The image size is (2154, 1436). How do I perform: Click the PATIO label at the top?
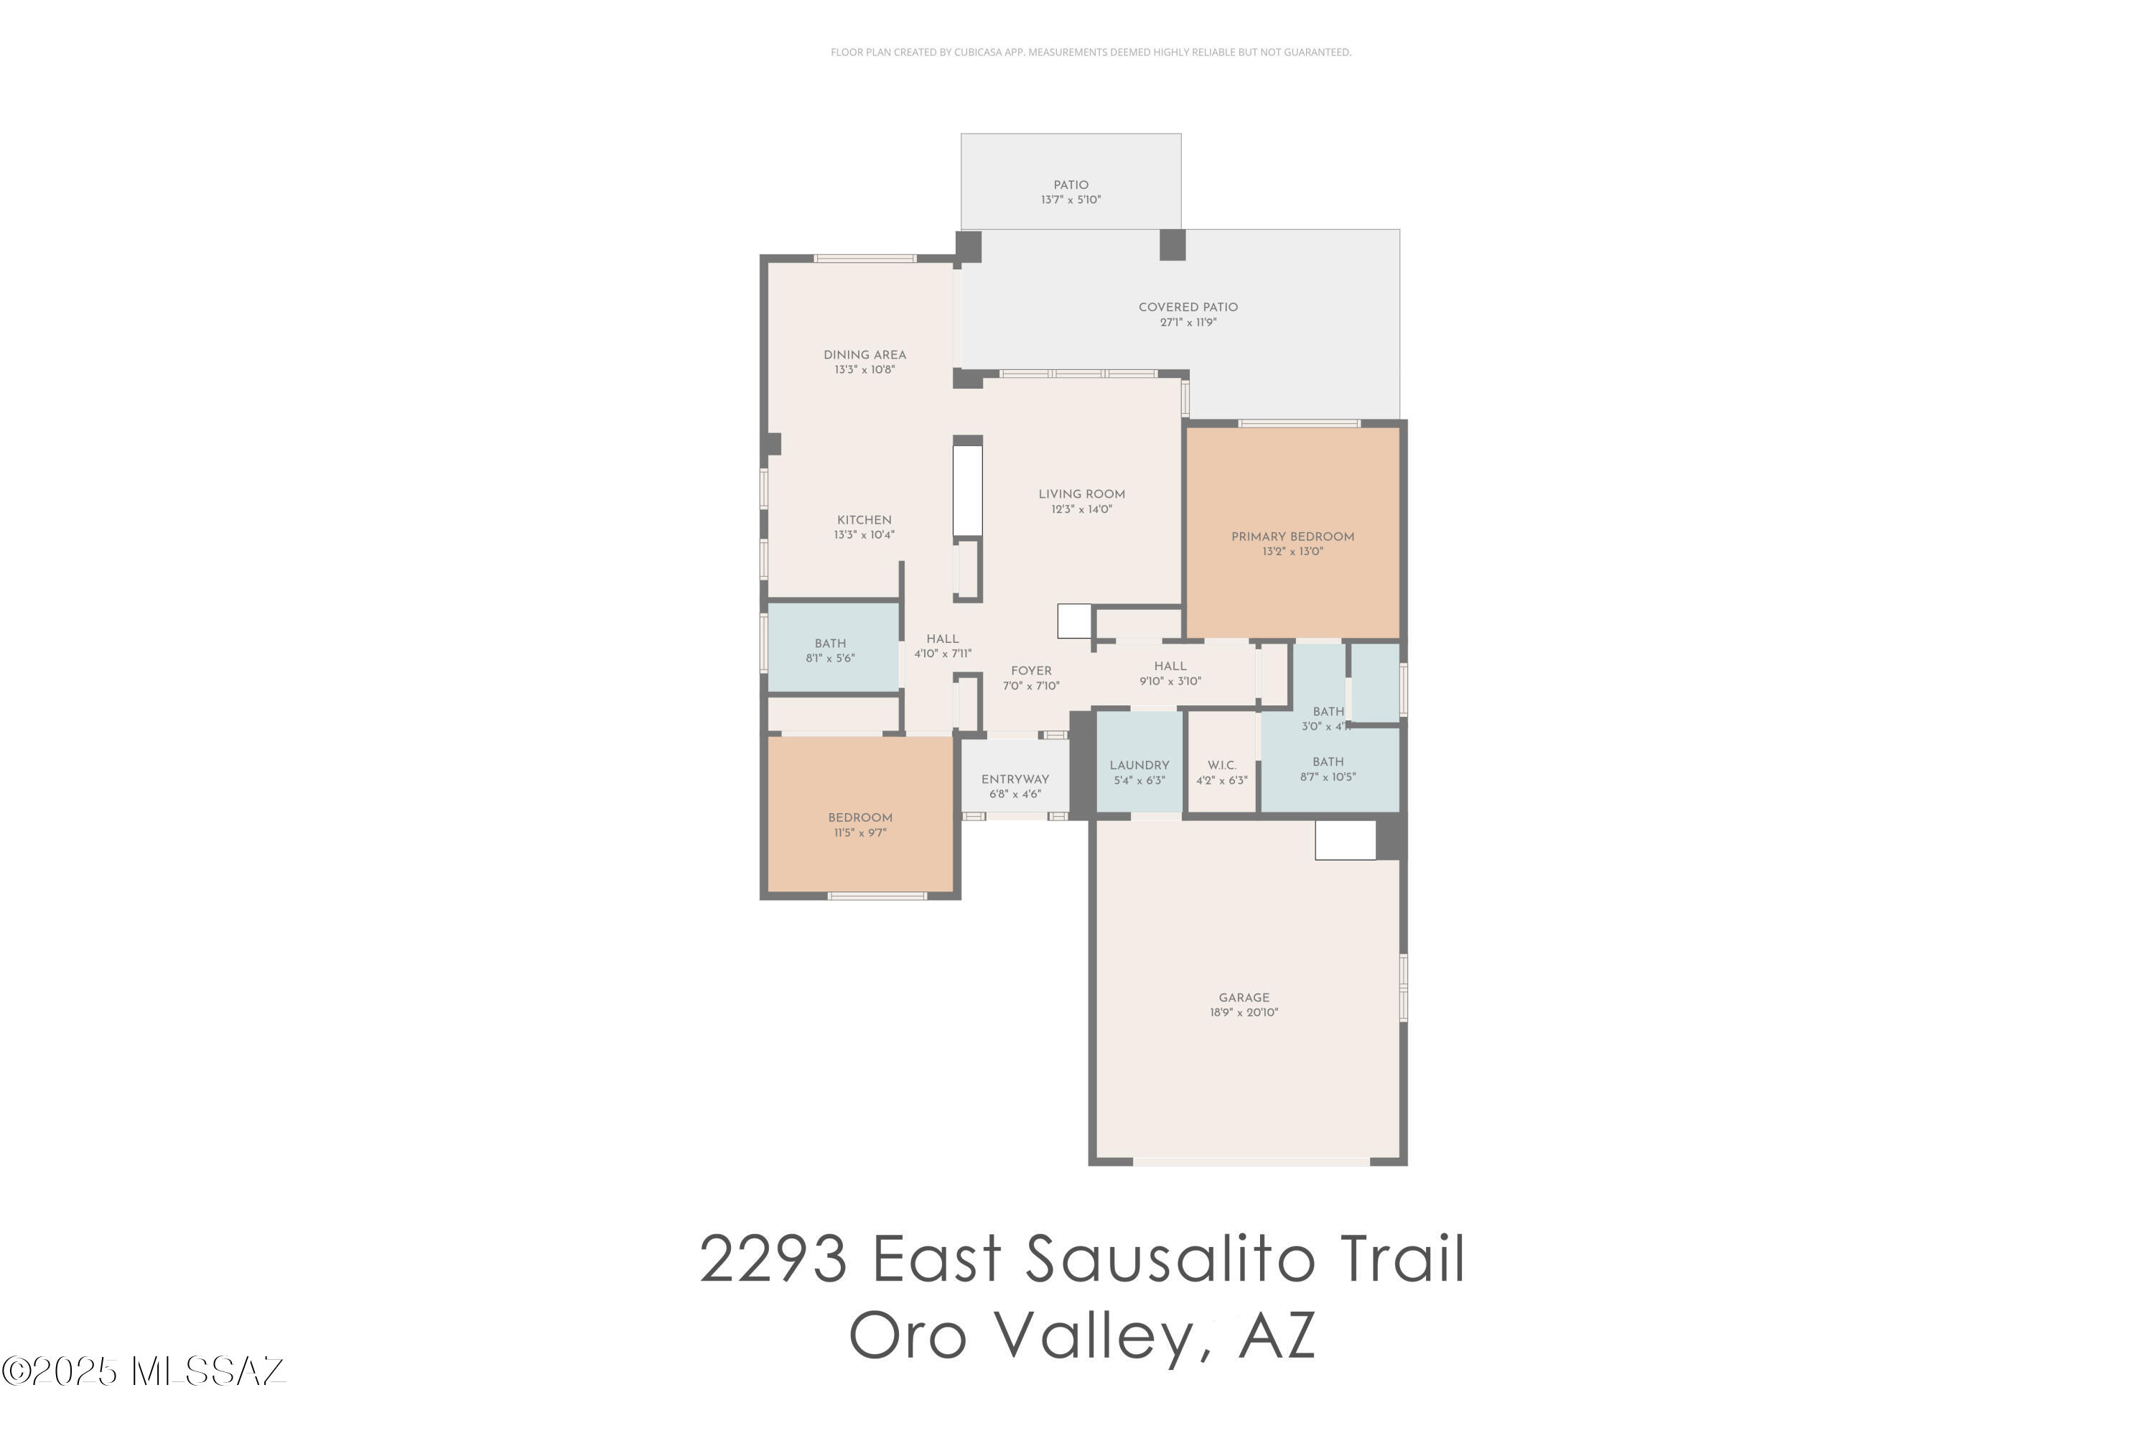1070,184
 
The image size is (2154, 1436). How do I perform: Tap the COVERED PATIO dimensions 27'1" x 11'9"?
1188,323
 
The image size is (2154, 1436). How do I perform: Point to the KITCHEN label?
863,519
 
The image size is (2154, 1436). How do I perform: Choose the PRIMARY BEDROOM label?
1292,537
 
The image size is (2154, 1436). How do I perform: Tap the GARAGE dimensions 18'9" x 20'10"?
1243,1013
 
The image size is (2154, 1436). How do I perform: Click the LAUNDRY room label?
1139,765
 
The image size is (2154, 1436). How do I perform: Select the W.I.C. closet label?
1221,765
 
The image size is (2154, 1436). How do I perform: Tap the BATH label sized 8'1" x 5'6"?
830,643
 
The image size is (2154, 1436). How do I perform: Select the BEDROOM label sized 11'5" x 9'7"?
859,817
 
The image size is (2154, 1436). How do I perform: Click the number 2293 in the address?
773,1259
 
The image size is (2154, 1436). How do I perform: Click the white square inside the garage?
1344,840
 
